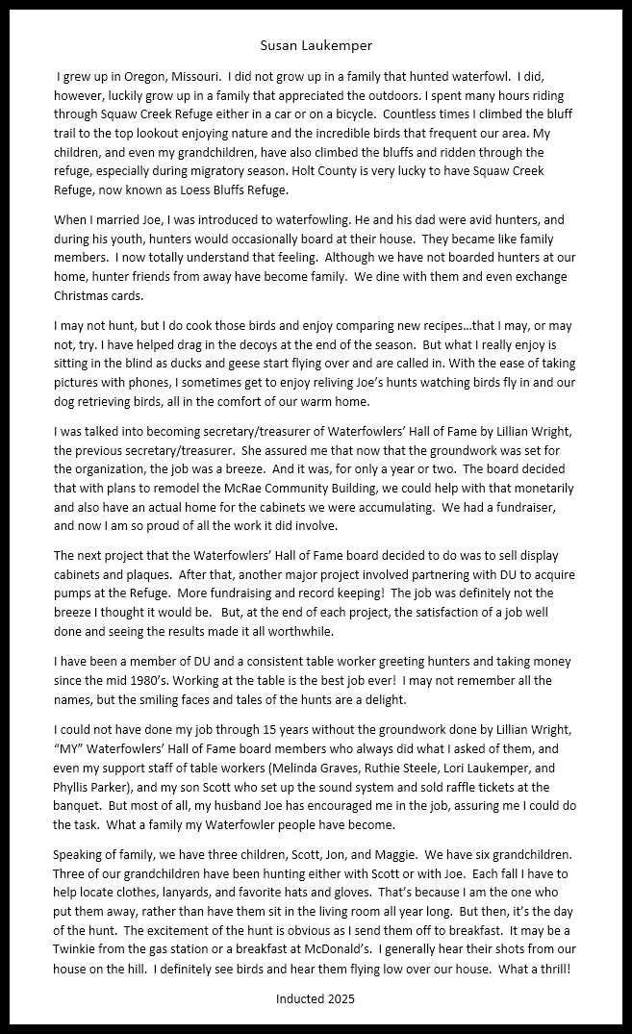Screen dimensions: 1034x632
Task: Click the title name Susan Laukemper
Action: point(316,45)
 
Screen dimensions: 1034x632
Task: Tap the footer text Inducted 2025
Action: point(316,998)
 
